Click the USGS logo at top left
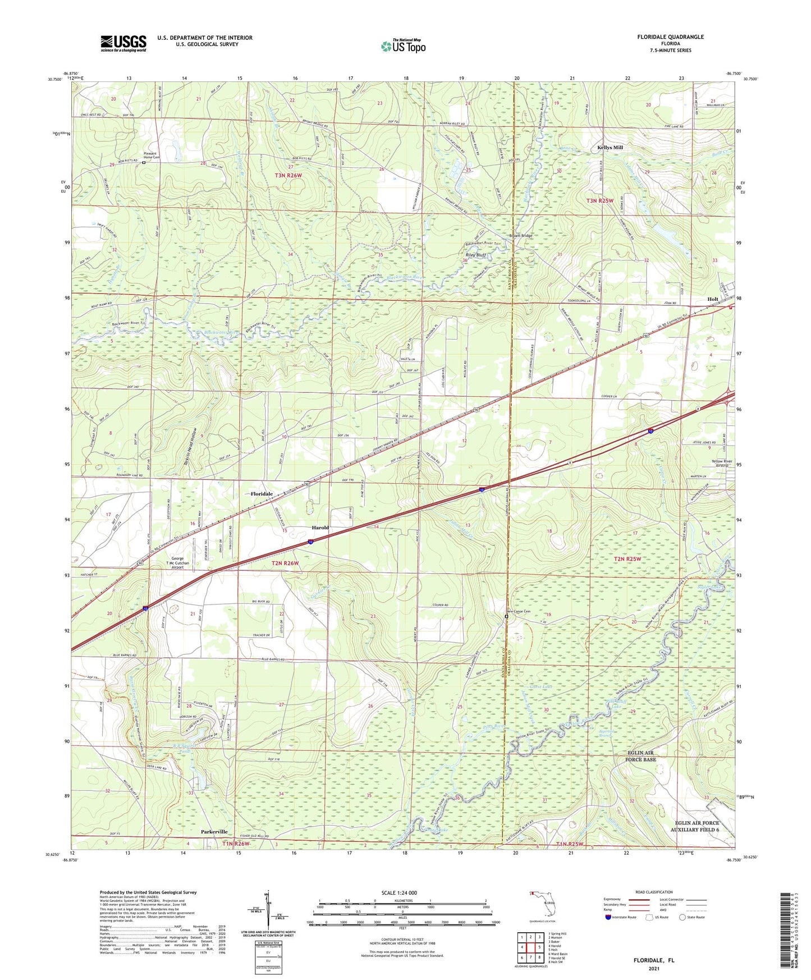coord(123,43)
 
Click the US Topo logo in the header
coord(402,47)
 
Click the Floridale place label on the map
coord(262,494)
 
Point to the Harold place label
coord(320,528)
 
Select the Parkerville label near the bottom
coord(214,832)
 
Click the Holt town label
coord(713,300)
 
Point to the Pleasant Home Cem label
coord(152,155)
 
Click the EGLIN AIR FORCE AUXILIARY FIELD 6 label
coord(695,826)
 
